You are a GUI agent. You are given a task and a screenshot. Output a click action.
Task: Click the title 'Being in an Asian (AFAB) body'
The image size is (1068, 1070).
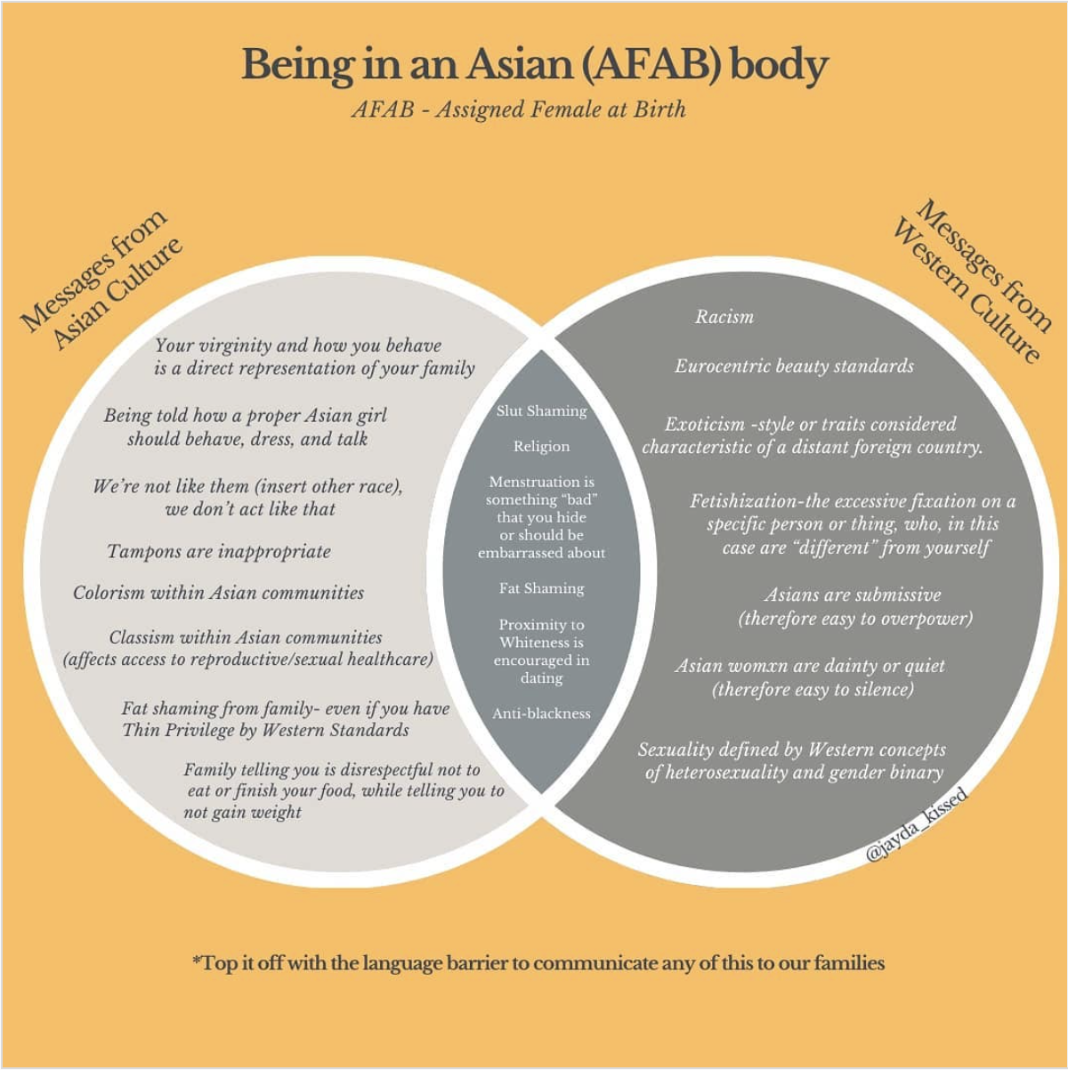tap(534, 65)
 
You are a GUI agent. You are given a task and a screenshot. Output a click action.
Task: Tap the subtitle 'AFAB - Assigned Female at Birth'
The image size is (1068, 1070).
tap(519, 109)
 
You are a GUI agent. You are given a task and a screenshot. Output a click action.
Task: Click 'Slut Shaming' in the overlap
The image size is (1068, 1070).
tap(541, 410)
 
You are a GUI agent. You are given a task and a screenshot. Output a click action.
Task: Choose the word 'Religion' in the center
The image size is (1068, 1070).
tap(541, 446)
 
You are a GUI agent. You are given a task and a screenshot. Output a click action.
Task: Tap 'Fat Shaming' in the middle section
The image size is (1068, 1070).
tap(541, 588)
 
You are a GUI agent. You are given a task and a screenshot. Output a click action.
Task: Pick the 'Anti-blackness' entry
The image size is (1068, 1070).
tap(541, 713)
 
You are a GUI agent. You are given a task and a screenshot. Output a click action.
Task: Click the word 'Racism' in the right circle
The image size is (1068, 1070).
tap(724, 317)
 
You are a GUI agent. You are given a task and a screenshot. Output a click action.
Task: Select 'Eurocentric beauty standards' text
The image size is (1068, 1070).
tap(794, 366)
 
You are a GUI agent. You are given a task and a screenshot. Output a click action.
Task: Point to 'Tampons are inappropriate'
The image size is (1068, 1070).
tap(219, 552)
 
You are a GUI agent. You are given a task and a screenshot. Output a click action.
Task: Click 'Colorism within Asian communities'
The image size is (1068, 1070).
tap(219, 593)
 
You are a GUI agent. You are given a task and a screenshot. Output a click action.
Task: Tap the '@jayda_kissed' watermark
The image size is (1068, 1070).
tap(916, 825)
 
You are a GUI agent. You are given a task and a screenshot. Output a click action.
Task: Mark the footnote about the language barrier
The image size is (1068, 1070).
tap(538, 963)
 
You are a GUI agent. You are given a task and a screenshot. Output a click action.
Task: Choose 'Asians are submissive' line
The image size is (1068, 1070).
tap(852, 595)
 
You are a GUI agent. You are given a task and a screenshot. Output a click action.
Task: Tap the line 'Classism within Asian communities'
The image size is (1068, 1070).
tap(246, 637)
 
